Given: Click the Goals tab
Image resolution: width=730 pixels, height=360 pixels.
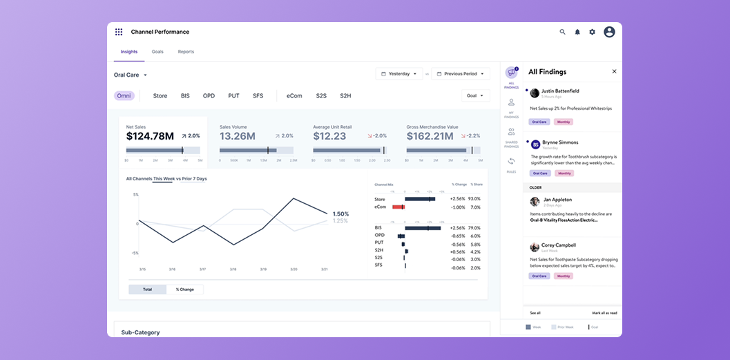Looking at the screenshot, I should tap(157, 52).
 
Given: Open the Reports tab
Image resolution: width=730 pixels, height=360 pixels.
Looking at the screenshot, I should tap(186, 52).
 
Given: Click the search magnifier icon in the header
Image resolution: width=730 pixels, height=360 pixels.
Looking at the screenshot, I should tap(562, 32).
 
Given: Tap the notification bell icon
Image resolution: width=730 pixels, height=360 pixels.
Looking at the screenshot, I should tap(577, 32).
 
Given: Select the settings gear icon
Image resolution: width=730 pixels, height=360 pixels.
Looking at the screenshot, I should tap(592, 32).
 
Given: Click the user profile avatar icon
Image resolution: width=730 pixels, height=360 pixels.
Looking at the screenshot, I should tap(609, 32).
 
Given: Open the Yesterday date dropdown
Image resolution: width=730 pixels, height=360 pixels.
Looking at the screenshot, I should tap(399, 73).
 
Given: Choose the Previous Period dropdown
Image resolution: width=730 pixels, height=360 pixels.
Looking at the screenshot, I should tap(460, 73).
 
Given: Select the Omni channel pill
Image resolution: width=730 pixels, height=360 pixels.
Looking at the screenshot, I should tap(124, 96).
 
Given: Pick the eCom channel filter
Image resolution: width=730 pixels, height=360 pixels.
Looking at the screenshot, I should tap(294, 96).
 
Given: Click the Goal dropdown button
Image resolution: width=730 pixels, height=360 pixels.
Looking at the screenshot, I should tap(475, 96).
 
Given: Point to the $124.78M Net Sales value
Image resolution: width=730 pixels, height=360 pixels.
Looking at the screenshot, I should tap(150, 136).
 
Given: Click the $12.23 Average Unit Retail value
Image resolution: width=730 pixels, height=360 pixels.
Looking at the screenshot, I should tap(329, 136).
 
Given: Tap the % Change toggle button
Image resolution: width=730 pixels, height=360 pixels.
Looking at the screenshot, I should tap(184, 290).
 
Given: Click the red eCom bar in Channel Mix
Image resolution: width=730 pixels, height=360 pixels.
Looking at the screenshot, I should tap(398, 207).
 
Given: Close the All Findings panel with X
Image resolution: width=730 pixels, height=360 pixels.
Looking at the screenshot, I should tap(614, 71).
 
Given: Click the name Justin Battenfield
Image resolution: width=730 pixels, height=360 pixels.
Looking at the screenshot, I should tap(560, 91).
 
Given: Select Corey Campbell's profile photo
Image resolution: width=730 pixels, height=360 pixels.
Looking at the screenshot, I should tap(535, 247).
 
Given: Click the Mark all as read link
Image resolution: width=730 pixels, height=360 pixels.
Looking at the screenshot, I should tap(604, 313).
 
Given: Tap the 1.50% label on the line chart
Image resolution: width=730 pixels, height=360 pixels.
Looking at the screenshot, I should tap(340, 214).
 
